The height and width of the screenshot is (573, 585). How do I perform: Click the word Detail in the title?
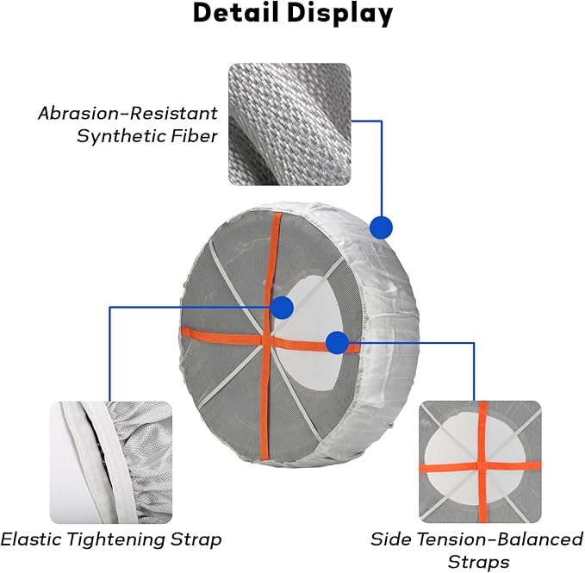point(236,13)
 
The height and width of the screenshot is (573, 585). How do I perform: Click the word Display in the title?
point(339,14)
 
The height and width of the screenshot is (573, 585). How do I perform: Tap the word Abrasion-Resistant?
point(128,113)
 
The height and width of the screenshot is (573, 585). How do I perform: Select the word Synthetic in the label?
point(121,136)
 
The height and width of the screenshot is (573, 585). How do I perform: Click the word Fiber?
point(195,136)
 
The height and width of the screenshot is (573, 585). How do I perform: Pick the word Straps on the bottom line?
point(479,562)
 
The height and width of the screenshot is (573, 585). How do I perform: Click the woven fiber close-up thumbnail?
point(289,124)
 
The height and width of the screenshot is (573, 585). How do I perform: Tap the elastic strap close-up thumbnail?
point(111,463)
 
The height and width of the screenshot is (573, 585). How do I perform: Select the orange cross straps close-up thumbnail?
point(480,462)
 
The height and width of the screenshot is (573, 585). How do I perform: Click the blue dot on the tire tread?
point(381,227)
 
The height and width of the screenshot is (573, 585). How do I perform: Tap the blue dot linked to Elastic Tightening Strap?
point(282,308)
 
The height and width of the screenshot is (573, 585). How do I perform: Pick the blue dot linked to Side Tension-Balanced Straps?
point(337,342)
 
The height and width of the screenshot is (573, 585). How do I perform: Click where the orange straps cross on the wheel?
point(266,339)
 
